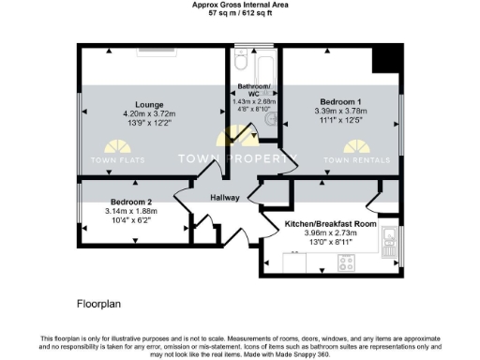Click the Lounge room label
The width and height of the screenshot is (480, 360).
click(150, 104)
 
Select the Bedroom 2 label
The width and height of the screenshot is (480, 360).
click(130, 202)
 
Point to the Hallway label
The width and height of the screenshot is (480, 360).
click(224, 198)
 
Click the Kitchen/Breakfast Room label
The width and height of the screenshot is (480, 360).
click(331, 224)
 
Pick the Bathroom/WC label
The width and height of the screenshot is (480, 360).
click(253, 91)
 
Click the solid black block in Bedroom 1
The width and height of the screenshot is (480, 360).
click(384, 59)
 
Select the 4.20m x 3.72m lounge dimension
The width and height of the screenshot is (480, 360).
click(150, 114)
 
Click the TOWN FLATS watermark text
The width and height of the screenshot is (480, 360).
click(118, 160)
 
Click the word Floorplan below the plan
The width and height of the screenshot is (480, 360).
click(98, 305)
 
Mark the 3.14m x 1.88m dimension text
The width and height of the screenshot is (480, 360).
click(130, 211)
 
